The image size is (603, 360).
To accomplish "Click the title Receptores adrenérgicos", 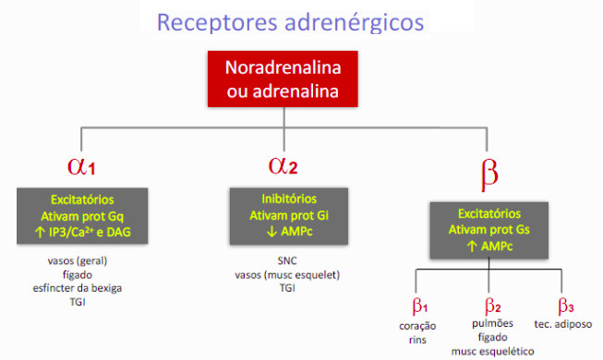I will (x=294, y=21).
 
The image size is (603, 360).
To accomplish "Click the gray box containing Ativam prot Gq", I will (x=82, y=216).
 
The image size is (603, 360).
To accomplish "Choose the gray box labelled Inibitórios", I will (x=289, y=214).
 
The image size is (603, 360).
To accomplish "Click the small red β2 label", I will (x=493, y=306).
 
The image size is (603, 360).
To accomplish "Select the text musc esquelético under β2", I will (x=493, y=352).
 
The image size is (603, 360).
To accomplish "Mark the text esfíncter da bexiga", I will (x=82, y=287).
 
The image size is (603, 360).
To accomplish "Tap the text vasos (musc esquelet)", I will (x=289, y=273).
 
